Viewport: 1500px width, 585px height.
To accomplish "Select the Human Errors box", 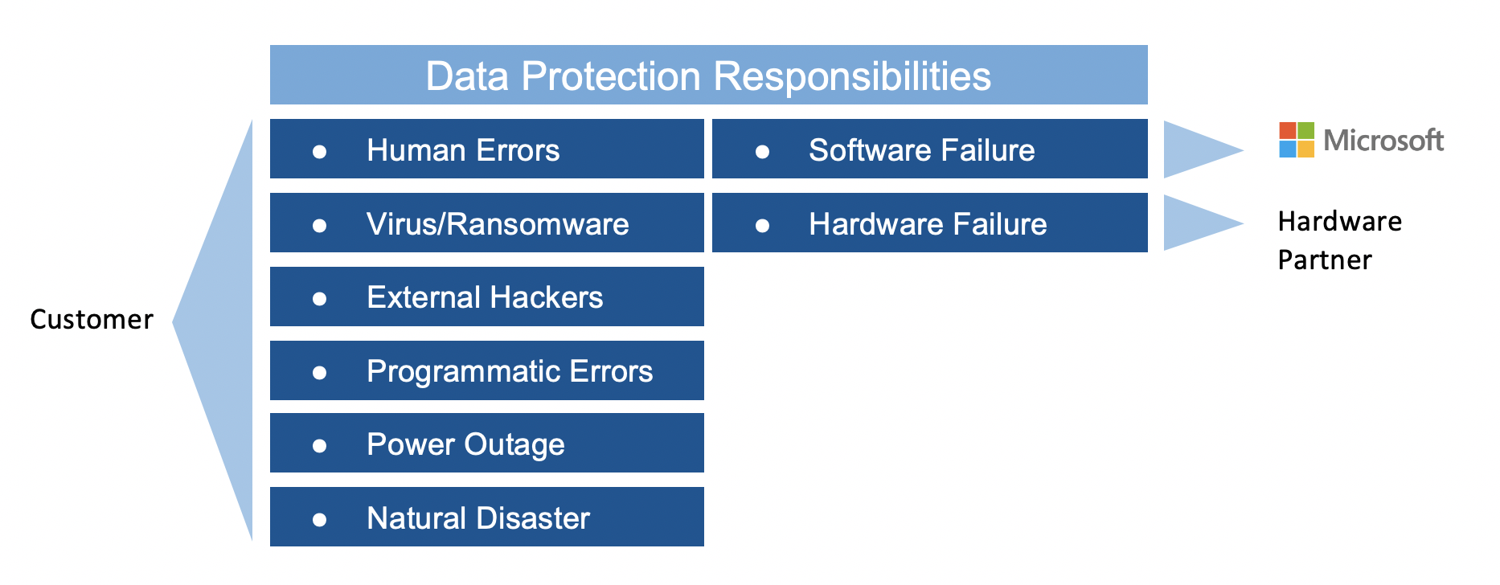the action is (487, 149).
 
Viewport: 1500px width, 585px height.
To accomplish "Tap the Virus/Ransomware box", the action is (487, 223).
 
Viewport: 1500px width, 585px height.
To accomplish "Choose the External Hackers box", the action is (487, 297).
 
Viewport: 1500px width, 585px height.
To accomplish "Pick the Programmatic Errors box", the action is (487, 370).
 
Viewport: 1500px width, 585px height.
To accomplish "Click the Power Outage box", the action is (487, 443).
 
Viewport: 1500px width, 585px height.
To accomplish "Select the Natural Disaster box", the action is (487, 517).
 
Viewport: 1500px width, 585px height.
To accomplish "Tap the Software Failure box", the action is (930, 149).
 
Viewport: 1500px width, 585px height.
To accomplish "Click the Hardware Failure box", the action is (930, 223).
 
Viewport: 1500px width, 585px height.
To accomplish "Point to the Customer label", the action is (92, 320).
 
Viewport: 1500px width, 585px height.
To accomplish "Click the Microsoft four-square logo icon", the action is (1297, 140).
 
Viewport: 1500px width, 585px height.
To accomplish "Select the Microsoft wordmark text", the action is (1383, 141).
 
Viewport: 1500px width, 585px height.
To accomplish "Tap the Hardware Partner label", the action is (1340, 240).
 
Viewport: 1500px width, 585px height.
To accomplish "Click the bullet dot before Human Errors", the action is (320, 151).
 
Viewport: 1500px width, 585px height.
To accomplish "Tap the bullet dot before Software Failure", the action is (763, 151).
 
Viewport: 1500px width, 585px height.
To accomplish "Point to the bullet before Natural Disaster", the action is (320, 519).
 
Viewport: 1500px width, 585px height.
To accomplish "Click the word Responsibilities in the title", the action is (852, 76).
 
